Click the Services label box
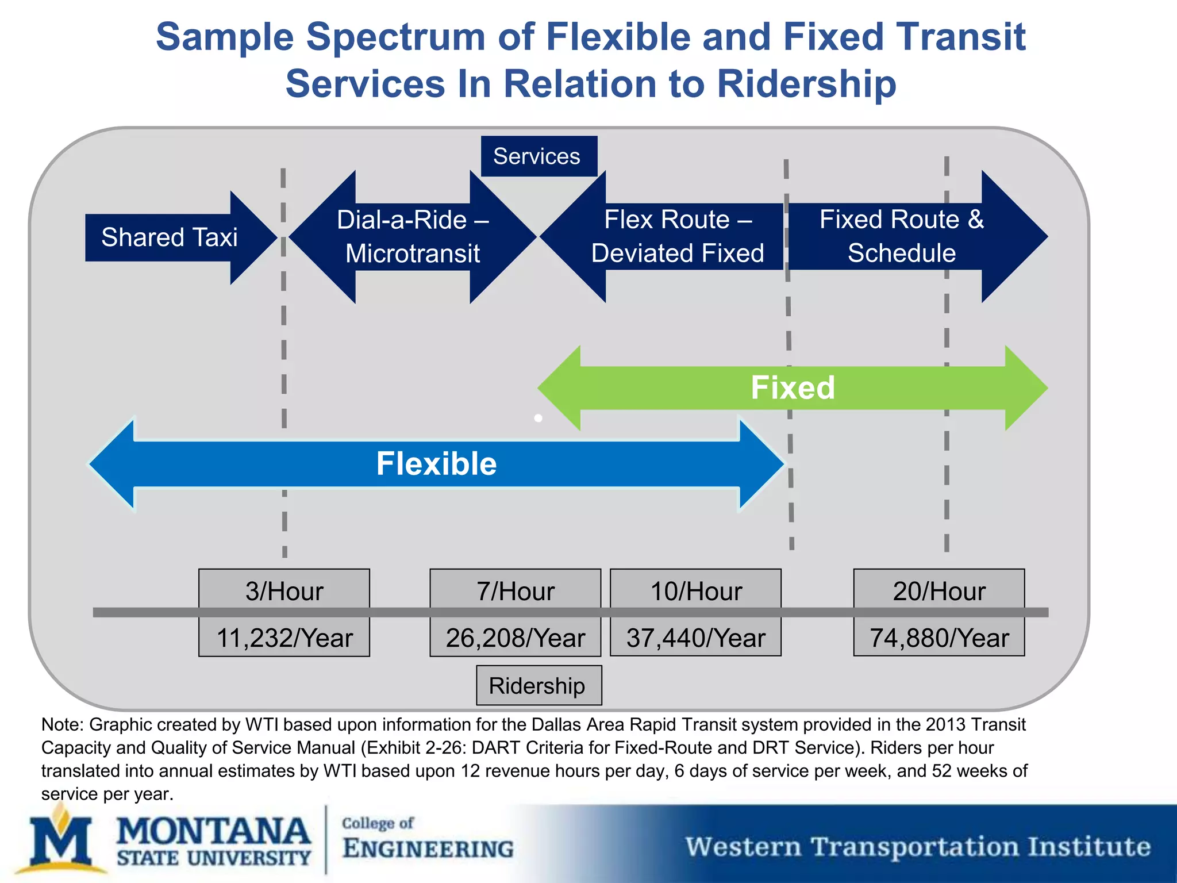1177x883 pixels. point(539,156)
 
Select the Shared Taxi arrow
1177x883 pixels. point(170,237)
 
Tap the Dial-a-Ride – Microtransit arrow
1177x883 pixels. point(412,237)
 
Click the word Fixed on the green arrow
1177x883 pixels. point(793,387)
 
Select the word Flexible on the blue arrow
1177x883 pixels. point(436,464)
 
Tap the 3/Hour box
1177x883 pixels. point(284,590)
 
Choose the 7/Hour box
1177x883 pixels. point(515,590)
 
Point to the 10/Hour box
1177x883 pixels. point(695,590)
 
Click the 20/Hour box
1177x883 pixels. point(938,590)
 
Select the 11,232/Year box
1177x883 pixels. point(284,638)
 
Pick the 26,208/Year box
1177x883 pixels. point(515,638)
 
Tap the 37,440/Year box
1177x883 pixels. point(695,638)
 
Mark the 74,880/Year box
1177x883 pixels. point(938,638)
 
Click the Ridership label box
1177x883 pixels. point(539,685)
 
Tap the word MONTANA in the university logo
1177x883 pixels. point(213,832)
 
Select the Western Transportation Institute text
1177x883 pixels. point(918,847)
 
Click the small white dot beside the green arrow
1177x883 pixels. point(538,418)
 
